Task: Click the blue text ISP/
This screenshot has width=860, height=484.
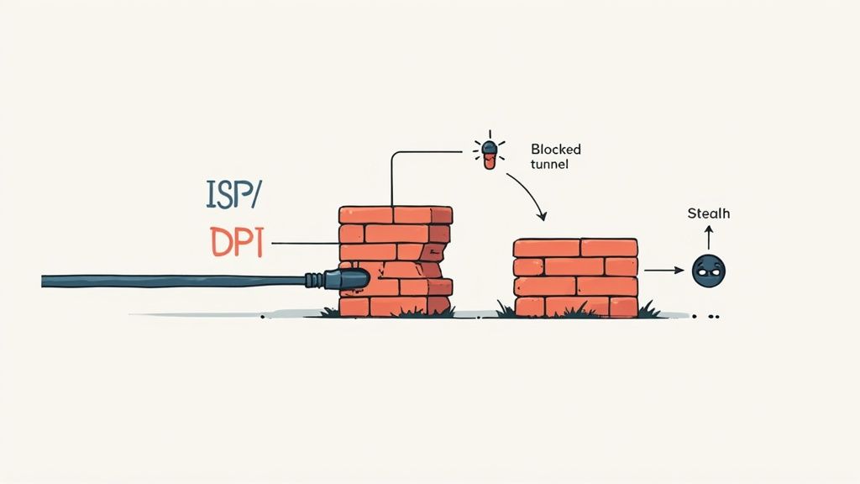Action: click(234, 194)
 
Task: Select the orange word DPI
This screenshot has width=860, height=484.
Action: click(236, 242)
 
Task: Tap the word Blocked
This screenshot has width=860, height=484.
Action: click(555, 149)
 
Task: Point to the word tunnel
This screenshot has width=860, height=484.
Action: click(549, 164)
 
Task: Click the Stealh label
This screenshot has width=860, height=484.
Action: click(708, 213)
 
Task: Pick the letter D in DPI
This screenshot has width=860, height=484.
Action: click(219, 242)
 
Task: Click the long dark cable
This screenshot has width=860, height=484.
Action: click(168, 280)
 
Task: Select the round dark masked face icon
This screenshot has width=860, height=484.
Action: click(708, 270)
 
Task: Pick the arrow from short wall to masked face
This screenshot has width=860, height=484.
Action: click(663, 271)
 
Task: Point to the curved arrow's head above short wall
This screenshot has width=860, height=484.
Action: click(542, 217)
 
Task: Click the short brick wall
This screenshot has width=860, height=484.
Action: click(575, 277)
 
